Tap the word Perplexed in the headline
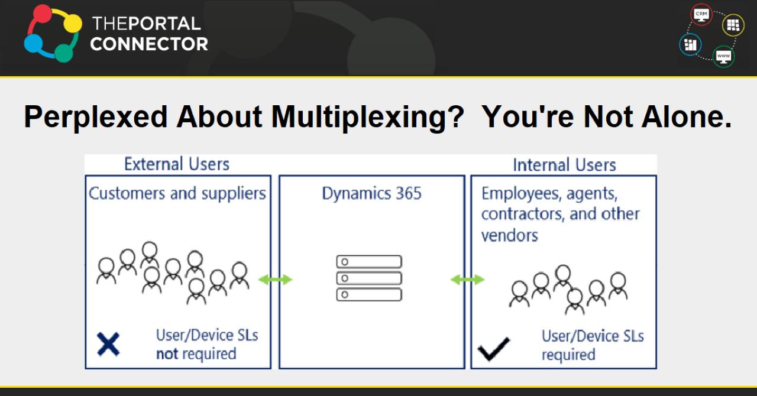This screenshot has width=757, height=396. click(95, 117)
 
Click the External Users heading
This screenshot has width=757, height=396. click(176, 164)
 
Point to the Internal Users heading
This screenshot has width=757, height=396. click(564, 165)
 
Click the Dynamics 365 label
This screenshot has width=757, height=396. click(371, 194)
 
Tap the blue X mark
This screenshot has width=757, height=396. click(108, 345)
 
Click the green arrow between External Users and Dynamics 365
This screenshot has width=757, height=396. click(275, 280)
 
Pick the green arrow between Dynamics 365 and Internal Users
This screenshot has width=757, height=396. click(467, 280)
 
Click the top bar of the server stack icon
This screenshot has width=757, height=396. click(369, 262)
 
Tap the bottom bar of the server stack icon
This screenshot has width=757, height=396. click(369, 294)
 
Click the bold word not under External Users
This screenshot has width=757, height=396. click(167, 354)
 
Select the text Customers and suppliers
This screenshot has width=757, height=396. click(177, 193)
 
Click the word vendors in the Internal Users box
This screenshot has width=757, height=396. click(509, 235)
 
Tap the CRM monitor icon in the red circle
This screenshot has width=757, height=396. click(702, 14)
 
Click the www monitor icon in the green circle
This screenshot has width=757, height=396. click(723, 56)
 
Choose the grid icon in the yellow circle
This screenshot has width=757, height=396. click(733, 25)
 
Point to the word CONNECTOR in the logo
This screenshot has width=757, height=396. click(149, 44)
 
